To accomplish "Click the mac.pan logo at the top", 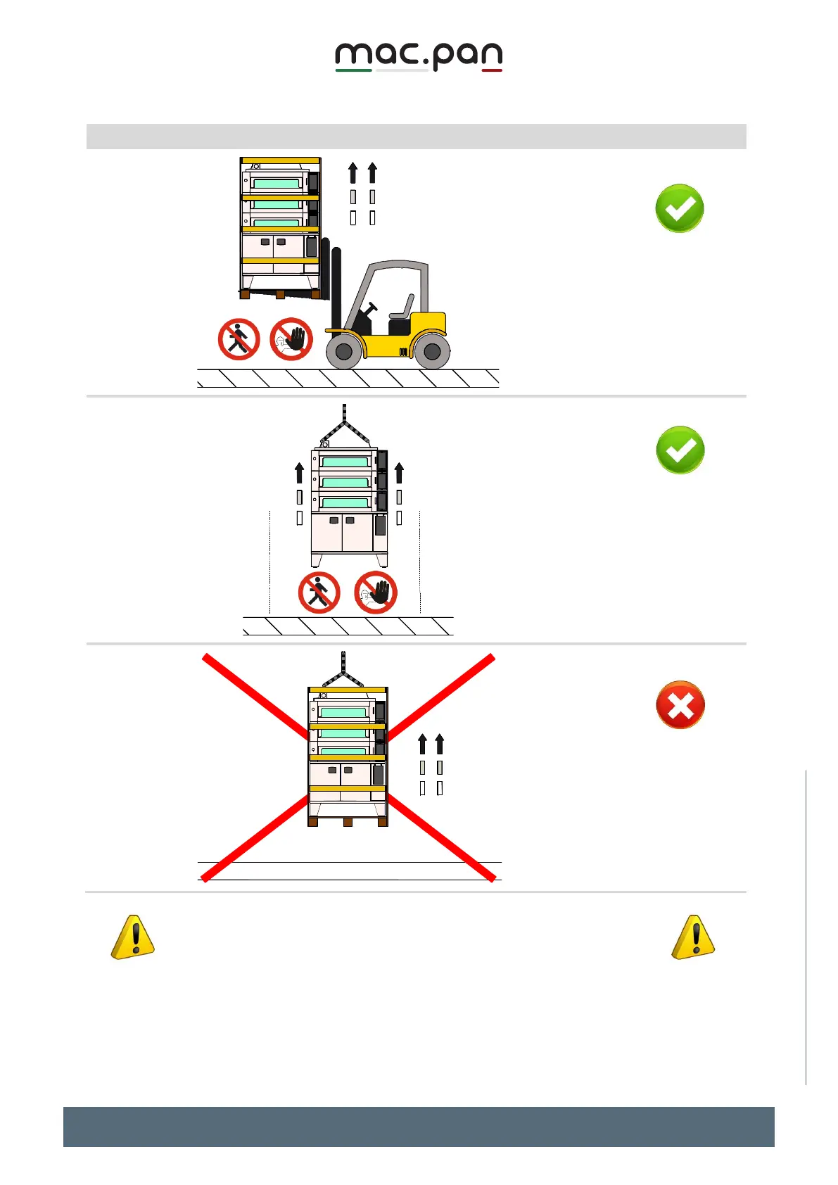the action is coord(419,56).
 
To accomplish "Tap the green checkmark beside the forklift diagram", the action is coord(680,208).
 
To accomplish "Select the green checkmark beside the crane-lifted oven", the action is coord(680,450).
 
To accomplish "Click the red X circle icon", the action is coord(680,704).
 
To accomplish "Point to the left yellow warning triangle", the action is coord(133,938).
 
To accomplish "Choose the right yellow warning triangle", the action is coord(694,938).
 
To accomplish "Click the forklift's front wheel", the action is coord(344,351).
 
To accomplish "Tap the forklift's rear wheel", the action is coord(432,351).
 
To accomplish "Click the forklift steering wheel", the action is coord(371,307).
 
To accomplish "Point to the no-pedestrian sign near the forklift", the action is coord(239,339).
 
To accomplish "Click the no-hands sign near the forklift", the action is coord(291,339).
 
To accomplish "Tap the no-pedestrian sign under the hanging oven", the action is coord(319,592).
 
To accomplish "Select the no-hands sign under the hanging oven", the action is coord(376,592).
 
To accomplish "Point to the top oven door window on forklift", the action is coord(277,184).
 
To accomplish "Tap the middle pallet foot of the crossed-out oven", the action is coord(348,822).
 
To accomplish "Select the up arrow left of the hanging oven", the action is coord(300,472).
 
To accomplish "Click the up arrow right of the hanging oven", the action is coord(400,472).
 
